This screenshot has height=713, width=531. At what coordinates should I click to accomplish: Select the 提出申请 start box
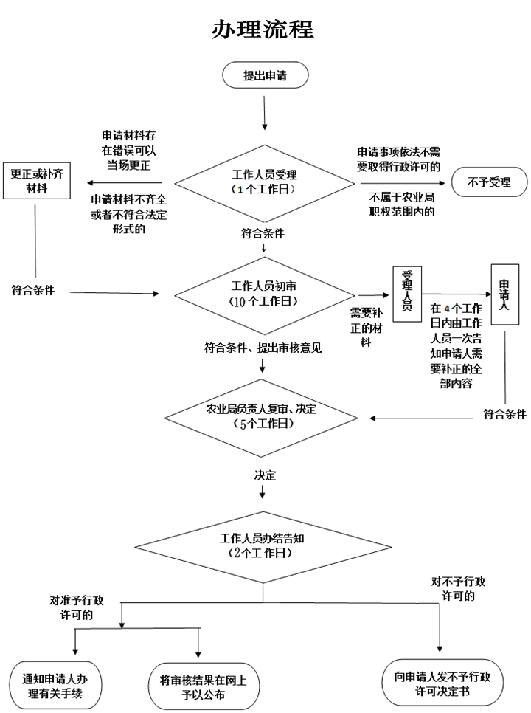click(265, 76)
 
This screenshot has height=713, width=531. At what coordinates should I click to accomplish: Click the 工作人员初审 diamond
click(264, 294)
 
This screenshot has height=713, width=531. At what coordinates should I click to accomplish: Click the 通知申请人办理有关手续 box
click(56, 686)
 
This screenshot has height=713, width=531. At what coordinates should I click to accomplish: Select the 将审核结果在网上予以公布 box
click(198, 686)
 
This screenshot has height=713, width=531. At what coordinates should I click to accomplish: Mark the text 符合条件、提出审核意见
click(263, 346)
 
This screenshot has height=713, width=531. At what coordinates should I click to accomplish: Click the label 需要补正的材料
click(366, 328)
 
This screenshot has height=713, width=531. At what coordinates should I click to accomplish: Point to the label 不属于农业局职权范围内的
click(401, 204)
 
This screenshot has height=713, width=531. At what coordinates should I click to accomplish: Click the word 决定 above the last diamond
click(265, 475)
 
